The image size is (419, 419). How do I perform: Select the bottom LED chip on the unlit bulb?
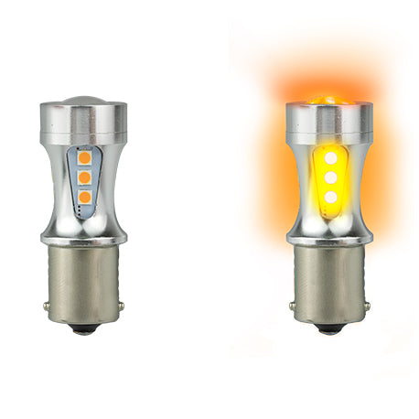(84, 196)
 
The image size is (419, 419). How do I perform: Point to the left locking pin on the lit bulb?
(291, 305)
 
